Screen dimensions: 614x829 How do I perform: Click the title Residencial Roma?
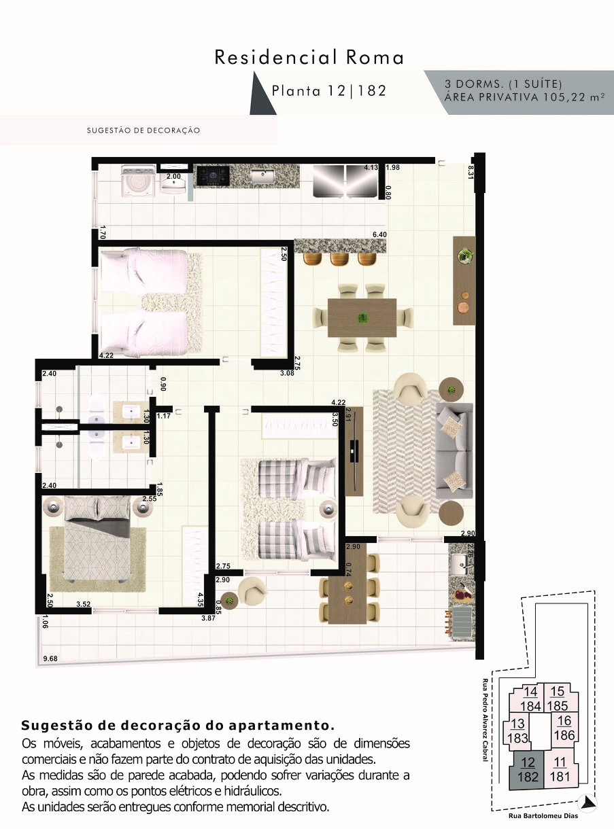[x=309, y=58]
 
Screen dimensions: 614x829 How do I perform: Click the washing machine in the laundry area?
[x=138, y=179]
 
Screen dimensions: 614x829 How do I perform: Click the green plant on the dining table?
[x=362, y=318]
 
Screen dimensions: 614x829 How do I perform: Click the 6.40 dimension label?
[x=379, y=234]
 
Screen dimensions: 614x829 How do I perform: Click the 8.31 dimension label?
[x=471, y=173]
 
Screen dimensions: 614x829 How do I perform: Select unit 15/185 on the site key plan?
[x=558, y=698]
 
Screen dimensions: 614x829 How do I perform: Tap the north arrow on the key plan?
[x=587, y=802]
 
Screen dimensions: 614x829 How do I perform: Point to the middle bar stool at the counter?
[x=339, y=259]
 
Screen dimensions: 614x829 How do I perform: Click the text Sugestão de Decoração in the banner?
[x=143, y=130]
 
